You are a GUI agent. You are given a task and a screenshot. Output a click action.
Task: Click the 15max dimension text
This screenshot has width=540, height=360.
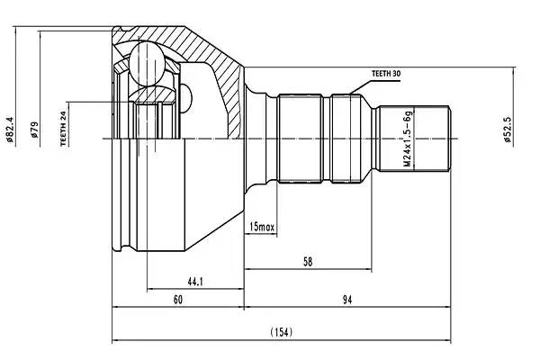[262, 226]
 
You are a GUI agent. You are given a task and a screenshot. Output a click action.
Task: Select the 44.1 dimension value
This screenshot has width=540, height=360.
[194, 282]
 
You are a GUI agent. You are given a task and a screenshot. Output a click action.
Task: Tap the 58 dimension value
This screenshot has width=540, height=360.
[307, 261]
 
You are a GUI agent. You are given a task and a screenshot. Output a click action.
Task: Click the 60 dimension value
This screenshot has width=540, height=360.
[177, 300]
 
